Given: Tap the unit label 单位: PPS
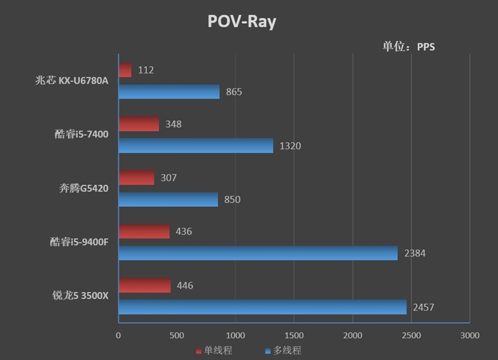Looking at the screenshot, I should click(x=408, y=47).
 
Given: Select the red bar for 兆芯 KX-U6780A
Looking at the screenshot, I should click(x=125, y=70).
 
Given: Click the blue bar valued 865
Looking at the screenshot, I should click(x=169, y=92).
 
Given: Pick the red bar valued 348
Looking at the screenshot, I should click(x=139, y=124).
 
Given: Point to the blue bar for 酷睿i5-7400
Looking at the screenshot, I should click(x=195, y=146).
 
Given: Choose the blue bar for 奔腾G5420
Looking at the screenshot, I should click(x=168, y=199).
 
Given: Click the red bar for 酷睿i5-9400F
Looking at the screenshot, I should click(x=144, y=231).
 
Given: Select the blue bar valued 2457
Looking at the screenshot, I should click(x=262, y=307).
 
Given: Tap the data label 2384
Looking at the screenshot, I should click(x=415, y=253).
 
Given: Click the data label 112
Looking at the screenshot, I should click(x=145, y=70).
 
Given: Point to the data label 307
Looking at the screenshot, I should click(x=168, y=178).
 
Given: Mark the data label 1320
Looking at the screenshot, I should click(x=290, y=146).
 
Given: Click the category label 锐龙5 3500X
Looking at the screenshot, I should click(x=80, y=296).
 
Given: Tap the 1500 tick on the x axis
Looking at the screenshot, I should click(x=294, y=336).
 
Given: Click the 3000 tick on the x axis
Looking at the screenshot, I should click(x=469, y=336).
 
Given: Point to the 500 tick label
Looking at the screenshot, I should click(x=177, y=336).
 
